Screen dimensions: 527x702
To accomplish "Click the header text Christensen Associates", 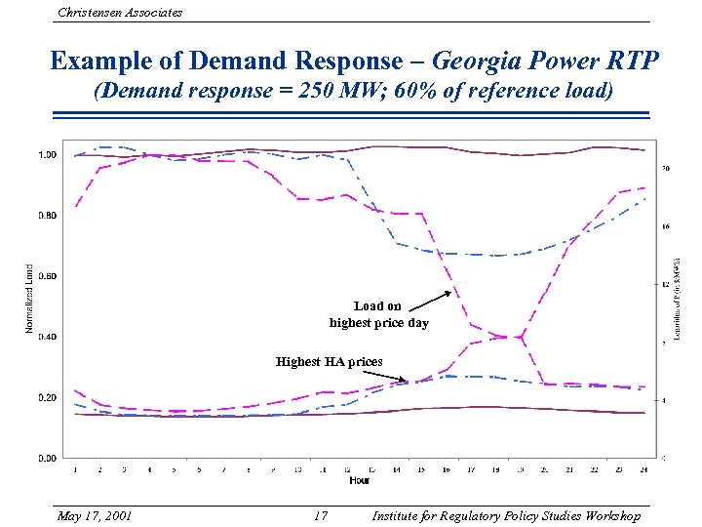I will tap(120, 13).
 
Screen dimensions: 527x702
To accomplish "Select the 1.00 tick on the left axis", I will tap(46, 155).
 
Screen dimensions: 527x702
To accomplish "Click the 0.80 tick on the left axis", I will tap(46, 216).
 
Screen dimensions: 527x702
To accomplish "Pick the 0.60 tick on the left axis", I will tap(46, 276).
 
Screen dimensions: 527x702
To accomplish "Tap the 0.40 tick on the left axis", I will tap(46, 337).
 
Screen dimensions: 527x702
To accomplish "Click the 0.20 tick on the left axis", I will tap(46, 397).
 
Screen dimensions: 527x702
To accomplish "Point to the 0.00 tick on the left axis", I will tap(46, 458).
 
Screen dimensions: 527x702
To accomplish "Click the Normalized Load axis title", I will tap(28, 299).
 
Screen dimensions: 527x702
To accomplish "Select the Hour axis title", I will tap(360, 480).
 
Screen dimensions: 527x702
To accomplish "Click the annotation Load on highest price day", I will tap(378, 314).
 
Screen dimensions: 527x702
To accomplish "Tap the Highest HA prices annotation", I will tap(329, 362).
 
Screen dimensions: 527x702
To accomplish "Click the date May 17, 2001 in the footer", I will tap(96, 516).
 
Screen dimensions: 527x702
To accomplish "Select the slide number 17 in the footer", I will tap(321, 516).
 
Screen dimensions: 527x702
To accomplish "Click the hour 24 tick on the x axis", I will tap(643, 469).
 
